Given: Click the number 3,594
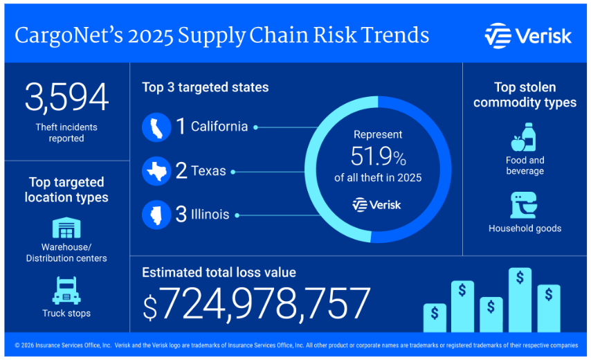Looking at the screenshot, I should tap(66, 97).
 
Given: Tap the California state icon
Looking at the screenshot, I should tap(156, 127).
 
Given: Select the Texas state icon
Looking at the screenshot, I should tap(156, 171).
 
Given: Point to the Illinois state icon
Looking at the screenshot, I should tap(156, 215).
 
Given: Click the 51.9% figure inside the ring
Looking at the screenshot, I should tap(378, 156).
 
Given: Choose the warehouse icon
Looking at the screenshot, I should tap(66, 228).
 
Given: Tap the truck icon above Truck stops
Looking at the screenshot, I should tap(66, 290).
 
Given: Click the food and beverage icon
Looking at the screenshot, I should tap(524, 138).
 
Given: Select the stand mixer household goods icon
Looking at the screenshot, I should tap(524, 206).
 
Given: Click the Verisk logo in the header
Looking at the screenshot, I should tap(528, 35).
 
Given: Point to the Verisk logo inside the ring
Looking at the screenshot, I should tap(376, 204).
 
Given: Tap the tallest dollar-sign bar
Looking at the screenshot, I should tap(520, 299).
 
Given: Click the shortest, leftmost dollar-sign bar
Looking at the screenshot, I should tap(434, 317).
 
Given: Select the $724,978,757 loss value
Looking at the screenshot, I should tap(257, 303).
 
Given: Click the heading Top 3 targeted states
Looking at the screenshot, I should tap(205, 87).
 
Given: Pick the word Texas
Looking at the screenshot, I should tap(209, 171).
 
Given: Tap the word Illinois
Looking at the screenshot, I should tap(210, 215).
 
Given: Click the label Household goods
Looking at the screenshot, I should tap(525, 228).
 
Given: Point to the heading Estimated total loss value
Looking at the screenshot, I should tap(219, 272).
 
